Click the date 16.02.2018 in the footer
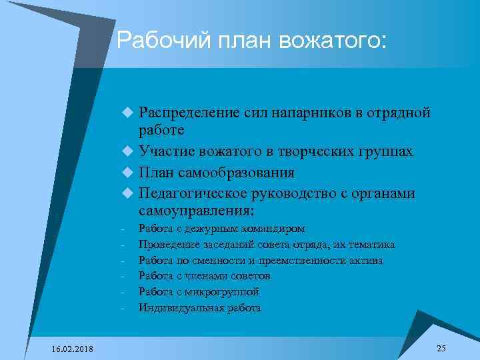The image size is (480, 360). click(73, 350)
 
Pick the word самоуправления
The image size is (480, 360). click(195, 211)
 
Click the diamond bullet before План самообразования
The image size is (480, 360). click(129, 173)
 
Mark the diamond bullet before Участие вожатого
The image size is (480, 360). click(129, 153)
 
